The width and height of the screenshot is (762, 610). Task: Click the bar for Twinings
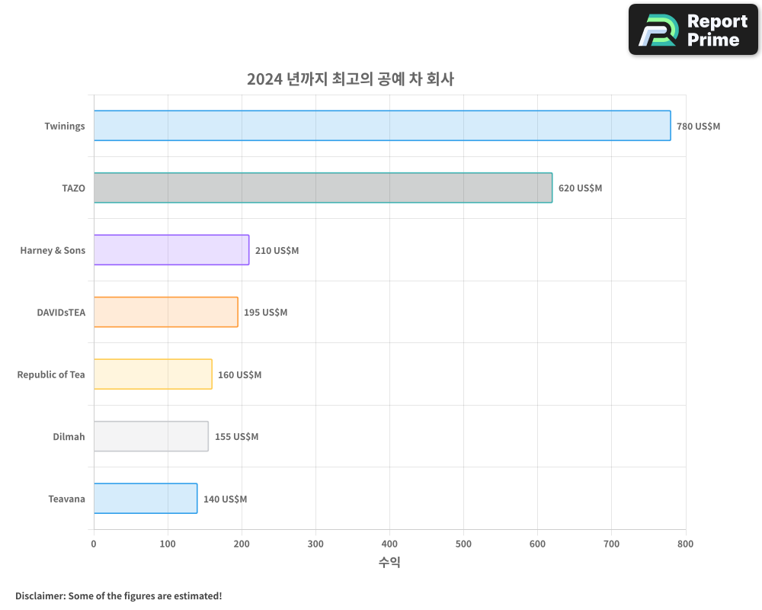tap(382, 126)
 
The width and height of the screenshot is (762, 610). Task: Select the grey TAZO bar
tap(323, 188)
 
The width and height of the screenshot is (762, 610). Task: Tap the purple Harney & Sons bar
tap(171, 250)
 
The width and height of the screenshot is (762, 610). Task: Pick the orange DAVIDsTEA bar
tap(166, 312)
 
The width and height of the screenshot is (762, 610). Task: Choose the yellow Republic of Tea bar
tap(153, 374)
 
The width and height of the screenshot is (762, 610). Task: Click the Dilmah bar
tap(151, 436)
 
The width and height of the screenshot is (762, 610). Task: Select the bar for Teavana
tap(146, 499)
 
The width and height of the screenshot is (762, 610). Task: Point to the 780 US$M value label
tap(698, 126)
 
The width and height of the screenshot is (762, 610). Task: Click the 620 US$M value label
tap(580, 188)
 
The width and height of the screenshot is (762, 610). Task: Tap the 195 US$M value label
tap(265, 312)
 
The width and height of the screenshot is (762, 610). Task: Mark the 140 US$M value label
tap(225, 499)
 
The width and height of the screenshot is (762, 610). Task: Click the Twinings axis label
tap(65, 126)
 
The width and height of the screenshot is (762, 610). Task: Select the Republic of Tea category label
tap(51, 374)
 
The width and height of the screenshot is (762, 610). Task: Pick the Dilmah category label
tap(69, 436)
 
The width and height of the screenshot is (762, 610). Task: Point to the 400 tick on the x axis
tap(389, 544)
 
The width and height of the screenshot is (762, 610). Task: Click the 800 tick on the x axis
tap(685, 544)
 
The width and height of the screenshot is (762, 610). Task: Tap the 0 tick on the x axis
tap(94, 544)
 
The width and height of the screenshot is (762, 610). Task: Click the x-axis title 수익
tap(389, 563)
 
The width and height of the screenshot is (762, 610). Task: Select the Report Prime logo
tap(693, 30)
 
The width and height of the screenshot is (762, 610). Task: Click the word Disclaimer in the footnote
tap(40, 596)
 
